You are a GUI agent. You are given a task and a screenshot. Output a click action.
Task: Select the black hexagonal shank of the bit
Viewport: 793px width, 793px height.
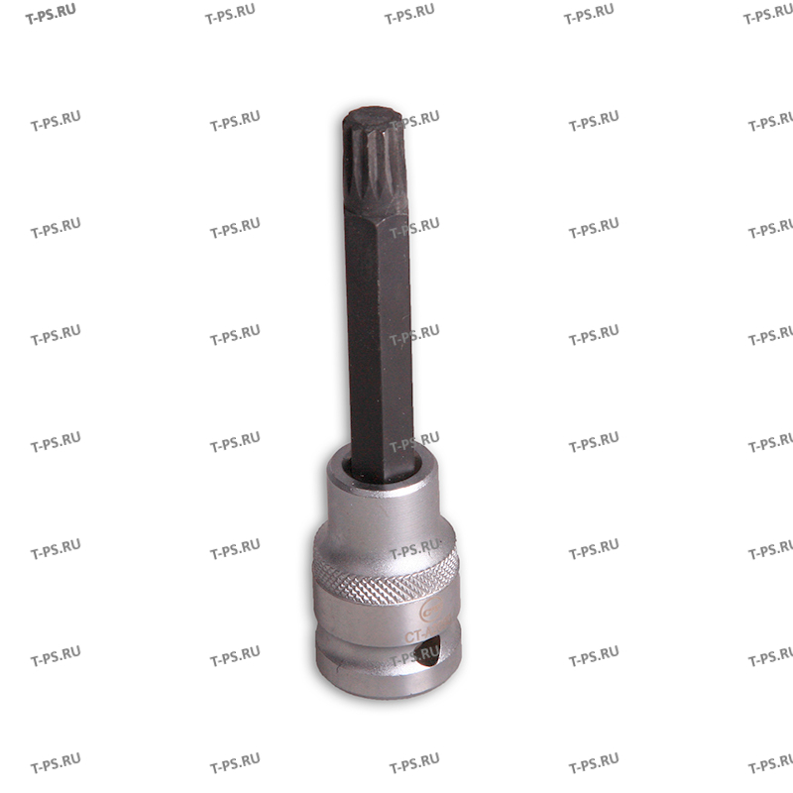tap(378, 327)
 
